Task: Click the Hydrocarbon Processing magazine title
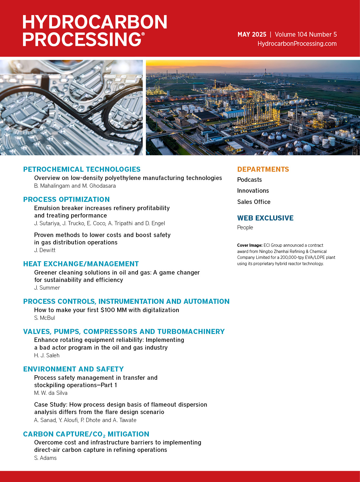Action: (x=95, y=30)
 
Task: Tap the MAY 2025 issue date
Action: (x=252, y=35)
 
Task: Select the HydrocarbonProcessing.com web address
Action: (x=297, y=44)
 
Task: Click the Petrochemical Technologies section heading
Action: (x=82, y=169)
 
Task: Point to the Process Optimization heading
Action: (x=66, y=199)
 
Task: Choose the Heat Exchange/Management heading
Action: (x=81, y=264)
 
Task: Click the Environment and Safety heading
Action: (x=73, y=369)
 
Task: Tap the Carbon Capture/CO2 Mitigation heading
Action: (x=86, y=434)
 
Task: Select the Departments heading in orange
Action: (x=263, y=169)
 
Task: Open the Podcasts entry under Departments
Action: (x=249, y=180)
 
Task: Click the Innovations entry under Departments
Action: (x=253, y=191)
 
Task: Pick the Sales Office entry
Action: (x=254, y=202)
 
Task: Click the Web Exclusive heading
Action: (x=265, y=218)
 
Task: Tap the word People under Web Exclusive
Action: (x=245, y=228)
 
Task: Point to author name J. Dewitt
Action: (x=45, y=250)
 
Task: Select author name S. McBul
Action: (x=45, y=318)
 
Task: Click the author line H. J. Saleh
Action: (x=47, y=356)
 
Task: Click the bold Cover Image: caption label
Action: (x=250, y=245)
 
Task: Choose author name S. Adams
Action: (x=45, y=458)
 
